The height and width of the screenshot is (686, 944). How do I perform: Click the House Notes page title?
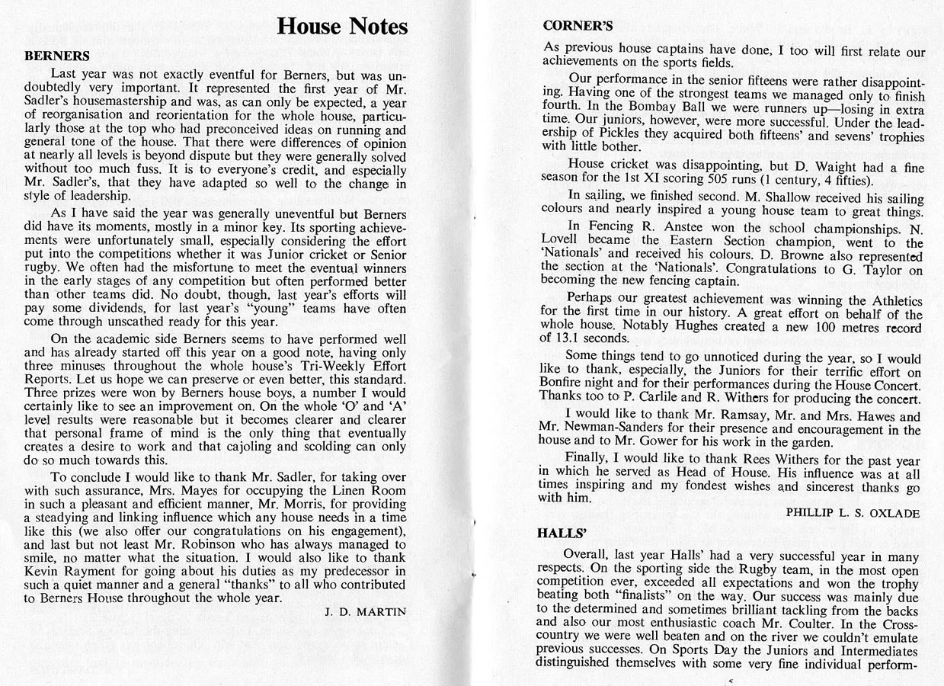342,27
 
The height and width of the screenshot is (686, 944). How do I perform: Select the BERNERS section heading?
57,56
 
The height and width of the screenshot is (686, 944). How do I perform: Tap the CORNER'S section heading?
578,25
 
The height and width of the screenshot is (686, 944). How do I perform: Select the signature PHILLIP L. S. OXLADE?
853,513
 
